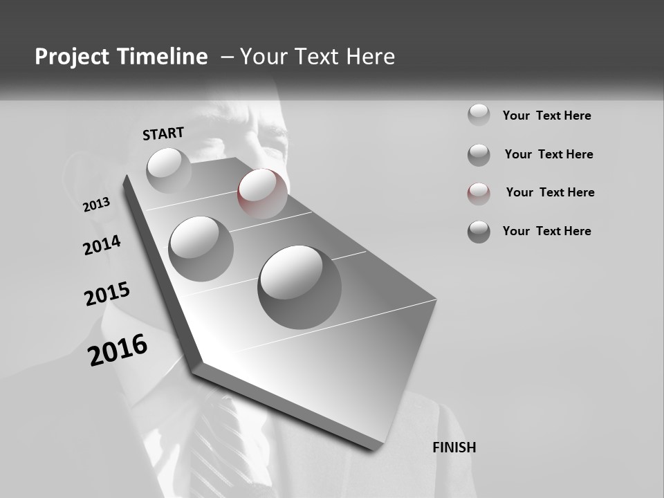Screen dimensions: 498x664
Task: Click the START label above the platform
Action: click(x=163, y=133)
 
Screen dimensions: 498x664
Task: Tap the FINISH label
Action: click(x=454, y=448)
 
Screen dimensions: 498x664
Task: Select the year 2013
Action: click(x=97, y=205)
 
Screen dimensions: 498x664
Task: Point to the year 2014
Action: click(x=102, y=245)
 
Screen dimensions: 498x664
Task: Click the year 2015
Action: click(x=107, y=294)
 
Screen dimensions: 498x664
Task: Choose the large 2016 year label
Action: click(x=118, y=349)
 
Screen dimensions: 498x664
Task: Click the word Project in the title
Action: click(x=73, y=57)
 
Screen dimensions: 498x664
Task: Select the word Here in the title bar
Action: click(x=369, y=57)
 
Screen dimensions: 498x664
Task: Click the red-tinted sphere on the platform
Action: click(x=262, y=194)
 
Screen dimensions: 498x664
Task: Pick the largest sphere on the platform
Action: click(x=299, y=287)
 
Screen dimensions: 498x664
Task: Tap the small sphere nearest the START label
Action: click(x=169, y=170)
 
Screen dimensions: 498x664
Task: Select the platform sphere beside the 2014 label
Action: click(x=201, y=248)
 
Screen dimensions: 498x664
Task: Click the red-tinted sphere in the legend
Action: click(x=479, y=193)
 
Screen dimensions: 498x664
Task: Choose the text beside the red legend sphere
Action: click(x=550, y=192)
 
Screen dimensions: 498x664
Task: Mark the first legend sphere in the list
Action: click(x=479, y=115)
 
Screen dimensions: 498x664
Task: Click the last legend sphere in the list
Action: click(x=479, y=232)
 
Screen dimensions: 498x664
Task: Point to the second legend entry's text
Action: click(x=548, y=154)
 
